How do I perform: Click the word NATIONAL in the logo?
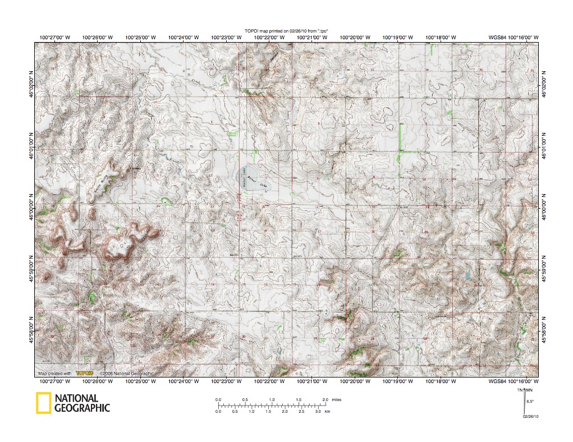pyautogui.click(x=76, y=398)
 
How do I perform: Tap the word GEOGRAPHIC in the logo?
pyautogui.click(x=82, y=408)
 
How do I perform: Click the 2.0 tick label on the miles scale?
pyautogui.click(x=324, y=399)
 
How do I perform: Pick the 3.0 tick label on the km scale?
pyautogui.click(x=318, y=411)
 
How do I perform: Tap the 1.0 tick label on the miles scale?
pyautogui.click(x=272, y=399)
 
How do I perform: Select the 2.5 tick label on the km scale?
pyautogui.click(x=301, y=411)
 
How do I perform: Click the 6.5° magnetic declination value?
pyautogui.click(x=530, y=401)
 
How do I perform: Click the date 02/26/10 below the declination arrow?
pyautogui.click(x=530, y=416)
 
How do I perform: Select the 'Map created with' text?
pyautogui.click(x=54, y=373)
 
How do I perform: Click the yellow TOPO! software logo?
pyautogui.click(x=84, y=373)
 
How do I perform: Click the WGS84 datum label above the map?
pyautogui.click(x=497, y=37)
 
